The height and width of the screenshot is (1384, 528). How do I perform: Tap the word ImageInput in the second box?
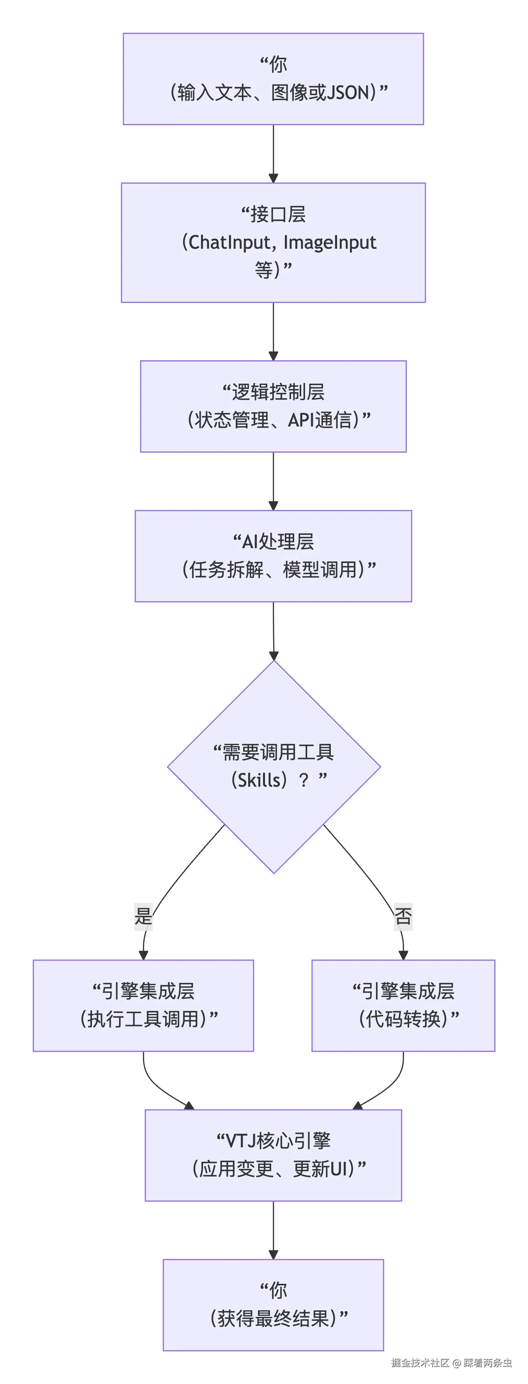coord(329,242)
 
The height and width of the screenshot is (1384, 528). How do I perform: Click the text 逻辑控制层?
coord(278,392)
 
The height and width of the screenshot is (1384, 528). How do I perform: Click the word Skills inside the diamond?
coord(259,780)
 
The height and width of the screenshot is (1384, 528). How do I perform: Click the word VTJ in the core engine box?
coord(241,1141)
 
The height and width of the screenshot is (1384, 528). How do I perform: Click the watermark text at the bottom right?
coord(451,1363)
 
